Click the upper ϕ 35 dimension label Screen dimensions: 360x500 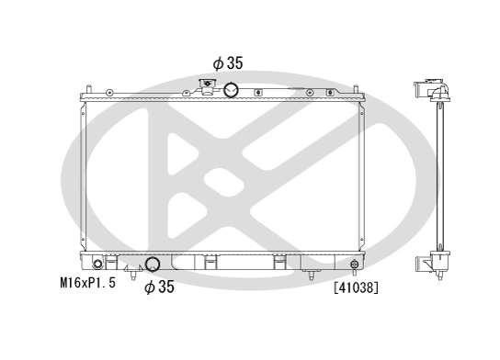pos(229,64)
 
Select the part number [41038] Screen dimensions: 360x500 pos(357,287)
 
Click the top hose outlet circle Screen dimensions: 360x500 pos(231,90)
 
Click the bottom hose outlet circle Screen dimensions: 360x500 pos(153,266)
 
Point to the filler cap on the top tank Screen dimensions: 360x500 pos(208,86)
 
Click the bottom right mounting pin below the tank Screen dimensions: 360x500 pos(312,276)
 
